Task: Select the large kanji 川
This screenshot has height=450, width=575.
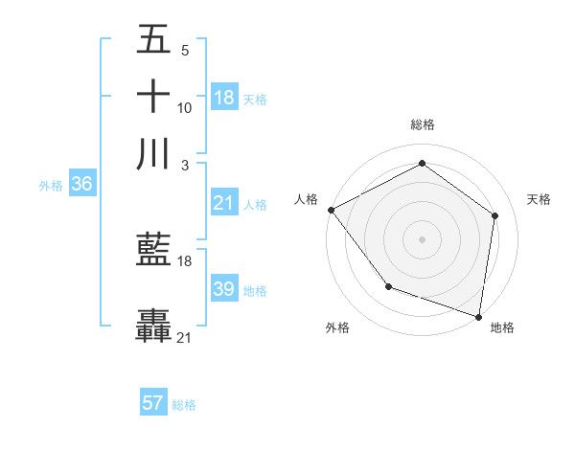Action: (153, 154)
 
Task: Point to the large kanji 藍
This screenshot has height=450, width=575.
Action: (153, 252)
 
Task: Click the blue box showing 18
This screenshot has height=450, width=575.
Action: (224, 97)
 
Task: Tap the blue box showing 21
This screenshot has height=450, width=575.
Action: (224, 203)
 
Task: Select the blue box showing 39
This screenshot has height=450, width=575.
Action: (224, 289)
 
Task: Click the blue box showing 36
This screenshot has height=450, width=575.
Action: (81, 185)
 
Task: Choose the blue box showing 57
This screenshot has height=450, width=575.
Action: (153, 403)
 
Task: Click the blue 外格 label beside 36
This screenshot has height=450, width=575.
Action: (51, 186)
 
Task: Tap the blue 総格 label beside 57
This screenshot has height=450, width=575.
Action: (184, 404)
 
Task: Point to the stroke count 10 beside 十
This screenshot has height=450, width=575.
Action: (185, 108)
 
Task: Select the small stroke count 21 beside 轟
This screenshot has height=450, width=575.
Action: (185, 338)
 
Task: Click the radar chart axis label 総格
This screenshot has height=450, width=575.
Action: (422, 124)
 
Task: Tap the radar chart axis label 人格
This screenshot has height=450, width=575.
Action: (307, 199)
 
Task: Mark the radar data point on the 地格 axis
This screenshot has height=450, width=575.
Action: (479, 316)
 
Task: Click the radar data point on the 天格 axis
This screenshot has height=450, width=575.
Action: (494, 215)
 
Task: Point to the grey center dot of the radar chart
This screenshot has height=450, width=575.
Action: (422, 238)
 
